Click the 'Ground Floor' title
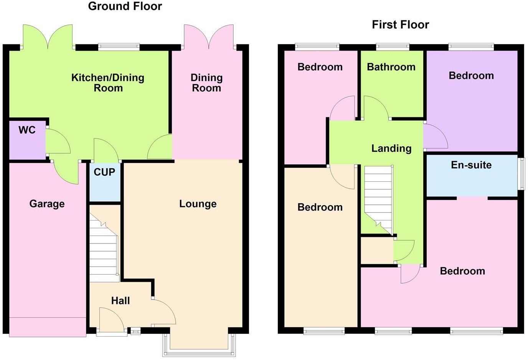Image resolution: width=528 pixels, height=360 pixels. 125,7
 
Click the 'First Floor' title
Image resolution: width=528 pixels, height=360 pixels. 400,25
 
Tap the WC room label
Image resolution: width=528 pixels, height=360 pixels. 27,130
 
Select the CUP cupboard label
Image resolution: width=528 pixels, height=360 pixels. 104,172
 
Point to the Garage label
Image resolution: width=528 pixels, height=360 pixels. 47,204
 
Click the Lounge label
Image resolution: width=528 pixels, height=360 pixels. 198,204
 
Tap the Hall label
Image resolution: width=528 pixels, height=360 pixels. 120,301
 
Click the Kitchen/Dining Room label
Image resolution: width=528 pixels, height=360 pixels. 108,83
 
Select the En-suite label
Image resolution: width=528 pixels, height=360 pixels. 471,165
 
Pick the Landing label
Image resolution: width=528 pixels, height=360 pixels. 391,148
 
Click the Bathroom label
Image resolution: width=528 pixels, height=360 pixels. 391,67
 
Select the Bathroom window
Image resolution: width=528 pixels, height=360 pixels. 393,47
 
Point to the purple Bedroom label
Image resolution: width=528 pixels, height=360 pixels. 471,76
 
